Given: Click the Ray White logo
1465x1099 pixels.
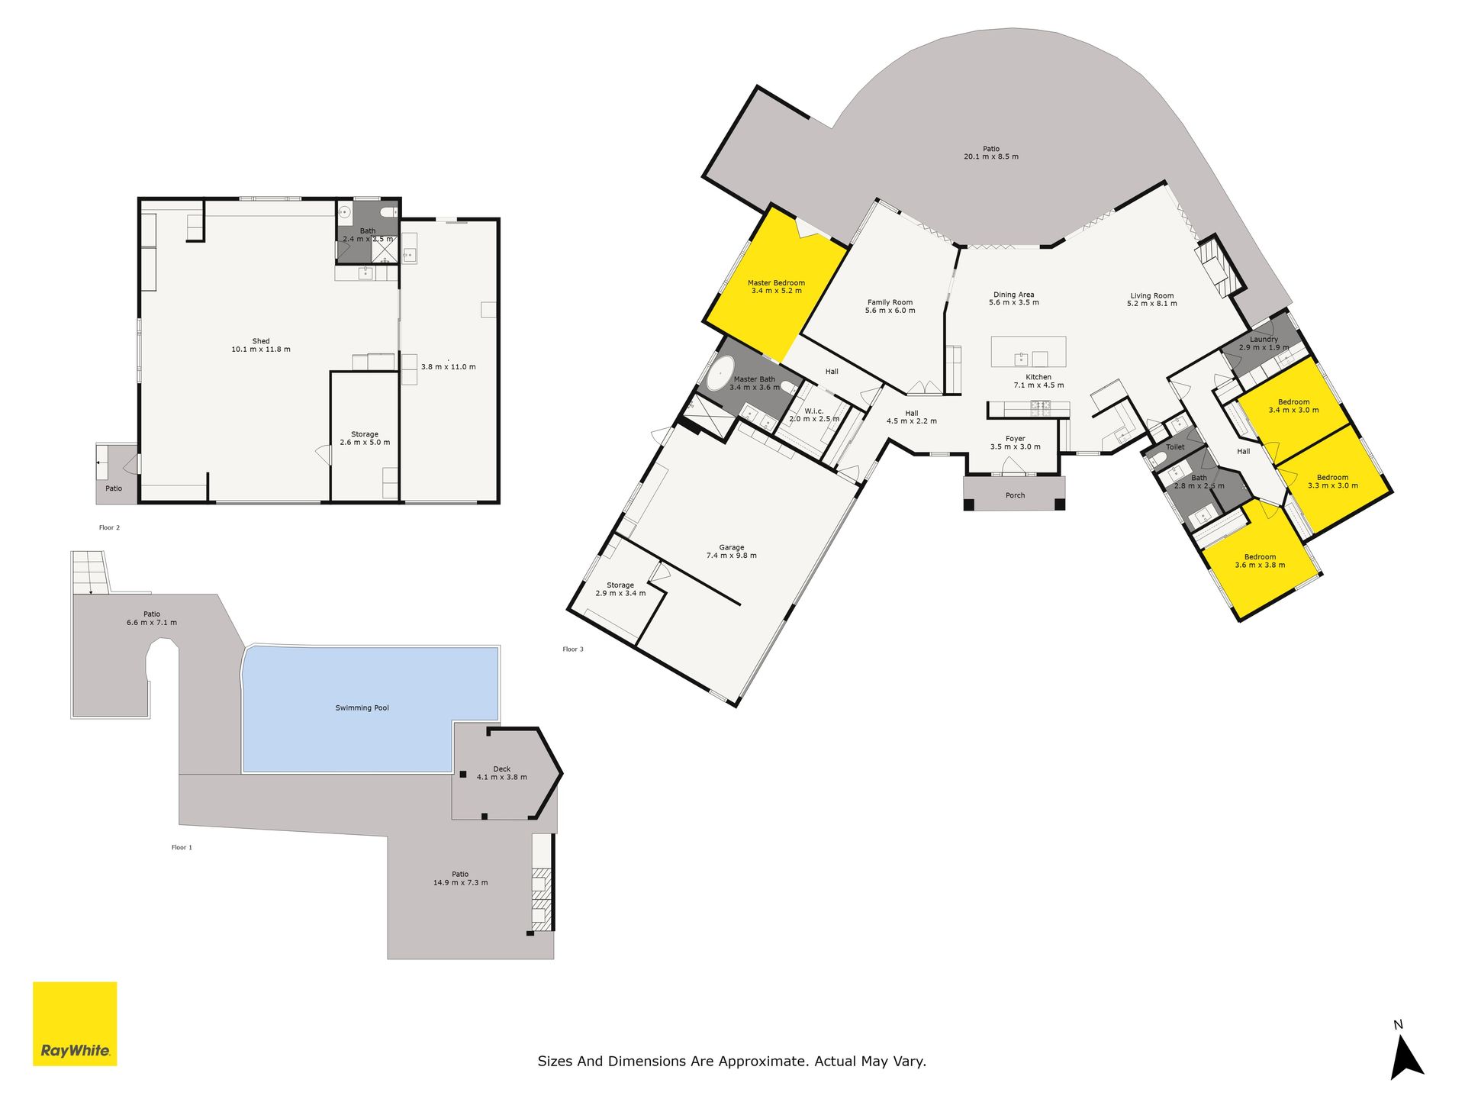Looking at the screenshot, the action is tap(75, 1023).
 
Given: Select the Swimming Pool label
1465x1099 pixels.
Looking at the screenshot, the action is tap(362, 708).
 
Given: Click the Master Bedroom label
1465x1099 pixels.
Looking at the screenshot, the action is tap(776, 283).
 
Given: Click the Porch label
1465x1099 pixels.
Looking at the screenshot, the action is tap(1015, 496).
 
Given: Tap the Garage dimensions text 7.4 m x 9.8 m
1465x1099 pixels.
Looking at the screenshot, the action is tap(732, 556).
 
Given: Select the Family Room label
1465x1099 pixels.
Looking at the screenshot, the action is tap(890, 303).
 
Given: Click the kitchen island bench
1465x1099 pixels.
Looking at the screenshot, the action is tap(1029, 352).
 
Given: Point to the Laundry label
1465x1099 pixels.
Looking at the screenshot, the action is tap(1264, 340).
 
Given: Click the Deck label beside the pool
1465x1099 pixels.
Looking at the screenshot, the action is tap(502, 769).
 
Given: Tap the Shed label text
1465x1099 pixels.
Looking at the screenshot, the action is tap(261, 341).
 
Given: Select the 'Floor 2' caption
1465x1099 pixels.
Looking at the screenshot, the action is tap(109, 527).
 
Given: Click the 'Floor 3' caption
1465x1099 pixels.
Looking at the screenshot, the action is tap(573, 649).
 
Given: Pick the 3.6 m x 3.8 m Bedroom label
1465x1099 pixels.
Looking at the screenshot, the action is tap(1260, 561).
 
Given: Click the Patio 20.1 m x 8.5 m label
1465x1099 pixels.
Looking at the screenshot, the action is tap(991, 153).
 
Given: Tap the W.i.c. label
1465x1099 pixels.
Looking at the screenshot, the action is tap(814, 411).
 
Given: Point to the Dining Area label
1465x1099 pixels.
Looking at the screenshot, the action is tap(1013, 295).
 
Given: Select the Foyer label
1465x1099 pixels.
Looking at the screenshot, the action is tap(1015, 439).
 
